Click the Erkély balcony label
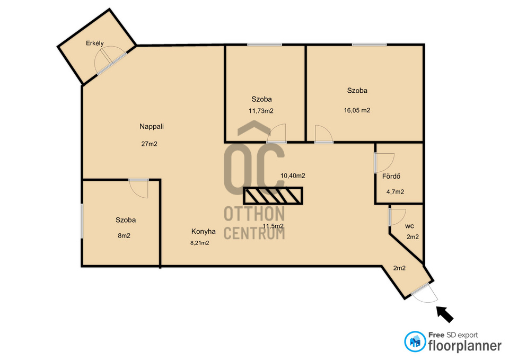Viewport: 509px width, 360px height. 95,43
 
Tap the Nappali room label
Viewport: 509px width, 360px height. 152,127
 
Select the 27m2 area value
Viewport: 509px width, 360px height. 150,144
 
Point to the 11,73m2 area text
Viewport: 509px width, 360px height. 261,111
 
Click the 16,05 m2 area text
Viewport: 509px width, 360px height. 357,110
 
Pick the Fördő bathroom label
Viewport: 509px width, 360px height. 391,176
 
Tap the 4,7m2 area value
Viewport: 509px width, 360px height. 395,192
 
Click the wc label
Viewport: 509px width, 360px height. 409,226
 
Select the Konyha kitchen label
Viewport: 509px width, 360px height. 204,232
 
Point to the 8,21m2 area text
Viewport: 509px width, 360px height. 200,243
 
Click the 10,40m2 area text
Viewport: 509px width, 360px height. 293,175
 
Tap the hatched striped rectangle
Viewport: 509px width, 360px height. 273,196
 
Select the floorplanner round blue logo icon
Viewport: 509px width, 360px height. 415,341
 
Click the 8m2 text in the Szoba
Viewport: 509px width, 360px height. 124,236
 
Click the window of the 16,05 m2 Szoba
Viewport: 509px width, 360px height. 370,45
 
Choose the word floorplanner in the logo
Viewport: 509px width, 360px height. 465,346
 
